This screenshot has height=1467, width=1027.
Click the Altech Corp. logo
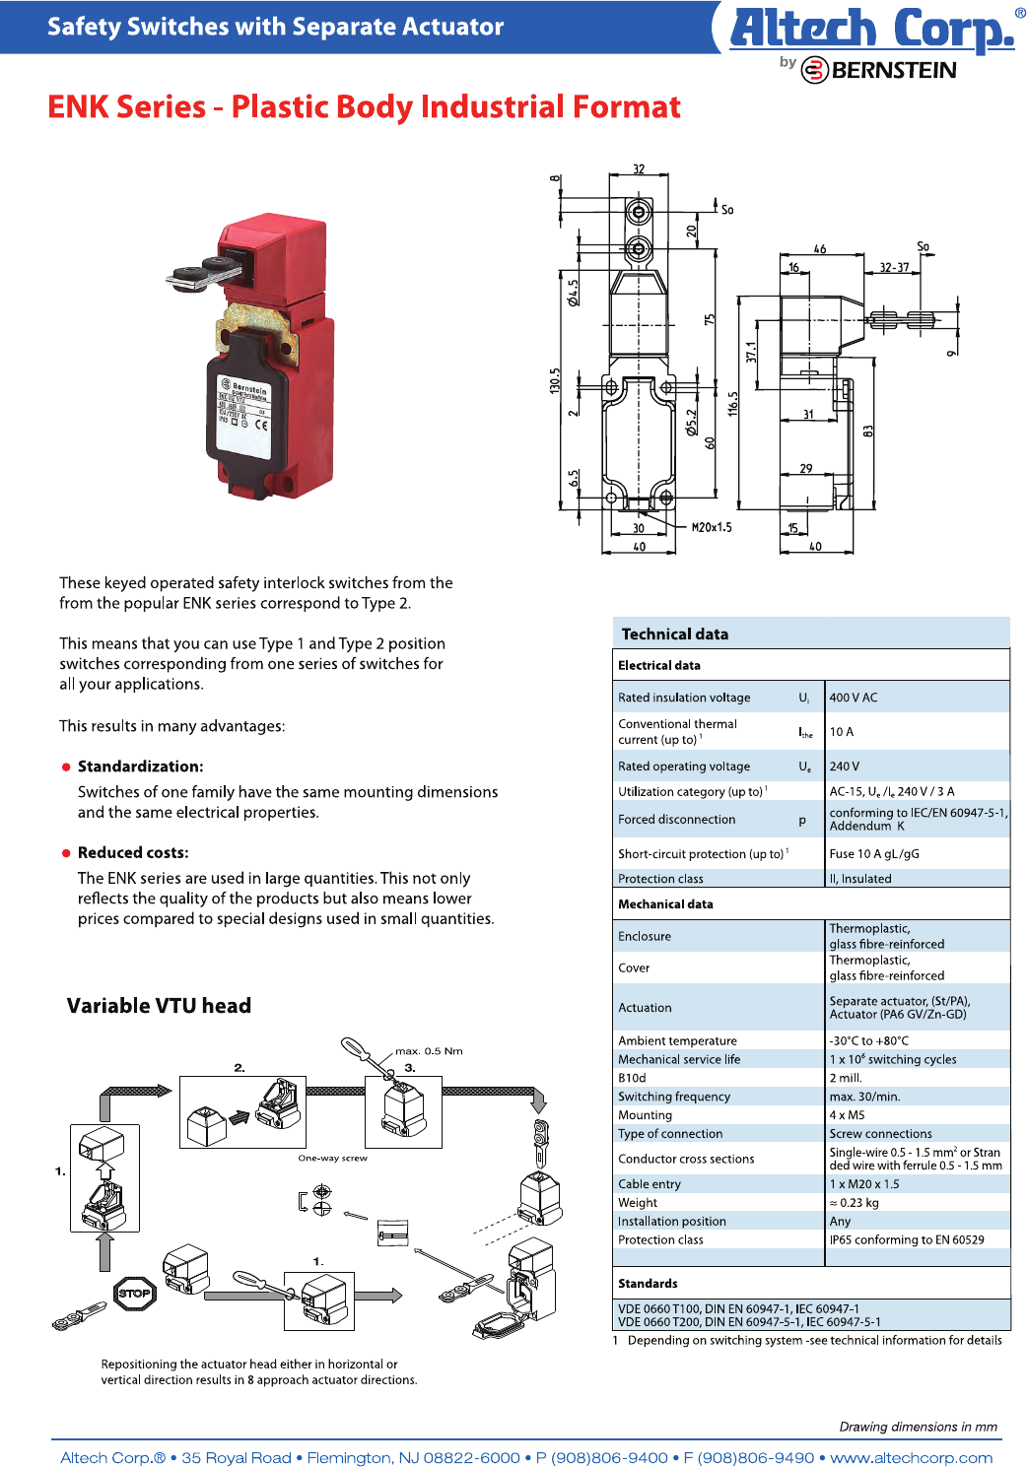[871, 30]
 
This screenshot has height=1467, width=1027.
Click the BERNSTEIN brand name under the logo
[892, 70]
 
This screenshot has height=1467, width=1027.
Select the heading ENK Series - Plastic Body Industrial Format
[364, 106]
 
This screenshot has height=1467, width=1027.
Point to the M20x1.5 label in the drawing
[711, 527]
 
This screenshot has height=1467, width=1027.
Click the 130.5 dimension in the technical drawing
[555, 381]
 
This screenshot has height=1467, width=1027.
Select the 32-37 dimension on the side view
[894, 267]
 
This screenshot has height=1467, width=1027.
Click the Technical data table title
[674, 633]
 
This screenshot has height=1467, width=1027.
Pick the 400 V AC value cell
[854, 698]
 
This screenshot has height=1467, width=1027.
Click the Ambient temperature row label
[677, 1040]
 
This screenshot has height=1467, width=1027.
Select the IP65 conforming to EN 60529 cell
[906, 1239]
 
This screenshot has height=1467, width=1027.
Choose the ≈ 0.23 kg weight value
[854, 1202]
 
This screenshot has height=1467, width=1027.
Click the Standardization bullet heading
[140, 767]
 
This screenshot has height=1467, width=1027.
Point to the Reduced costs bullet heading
[133, 852]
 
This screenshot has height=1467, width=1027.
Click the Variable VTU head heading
[159, 1005]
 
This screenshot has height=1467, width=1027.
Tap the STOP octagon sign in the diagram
[135, 1293]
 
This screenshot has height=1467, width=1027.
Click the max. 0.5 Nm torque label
[429, 1051]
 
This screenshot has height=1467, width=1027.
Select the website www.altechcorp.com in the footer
[911, 1457]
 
